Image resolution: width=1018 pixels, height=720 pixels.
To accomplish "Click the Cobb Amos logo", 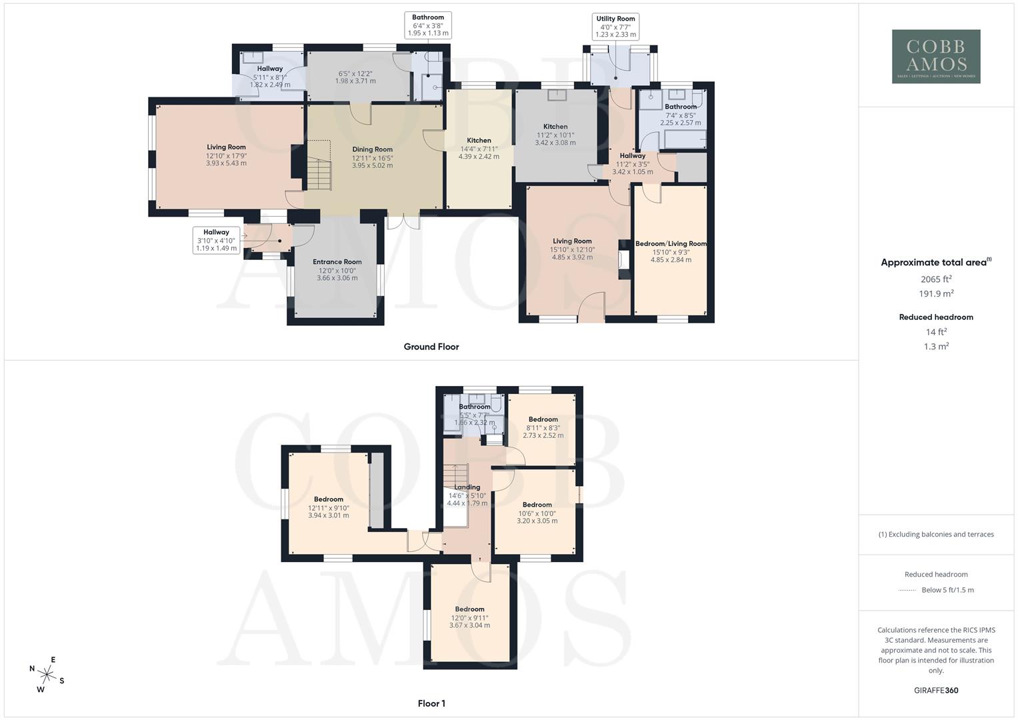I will coord(936,56).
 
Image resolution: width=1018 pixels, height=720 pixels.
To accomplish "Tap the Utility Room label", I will coord(615,19).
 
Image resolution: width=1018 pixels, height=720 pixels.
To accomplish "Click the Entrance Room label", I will coord(337,262).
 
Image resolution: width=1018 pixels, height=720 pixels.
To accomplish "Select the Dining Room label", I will coord(372,149).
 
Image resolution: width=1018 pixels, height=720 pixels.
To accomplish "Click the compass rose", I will coord(47,674).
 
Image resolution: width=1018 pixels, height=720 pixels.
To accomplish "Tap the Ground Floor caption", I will coord(431,347).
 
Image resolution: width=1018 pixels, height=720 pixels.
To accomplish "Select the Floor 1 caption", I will coord(431,703).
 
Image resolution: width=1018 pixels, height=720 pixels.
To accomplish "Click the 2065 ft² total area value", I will coord(936,279).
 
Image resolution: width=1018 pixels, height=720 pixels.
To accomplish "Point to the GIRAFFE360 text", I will coord(936,691).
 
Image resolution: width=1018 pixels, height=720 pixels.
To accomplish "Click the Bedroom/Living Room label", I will coord(671,244).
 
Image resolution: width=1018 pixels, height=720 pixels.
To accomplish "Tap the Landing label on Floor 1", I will coord(467,487).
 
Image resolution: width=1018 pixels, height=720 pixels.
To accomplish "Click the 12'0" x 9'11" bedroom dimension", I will coord(469,617).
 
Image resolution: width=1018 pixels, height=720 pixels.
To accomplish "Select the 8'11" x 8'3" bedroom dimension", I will coord(543,427).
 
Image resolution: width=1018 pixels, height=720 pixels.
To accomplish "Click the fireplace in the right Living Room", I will coord(623,259).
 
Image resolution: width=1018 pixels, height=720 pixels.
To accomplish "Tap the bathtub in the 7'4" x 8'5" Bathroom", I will coord(683,140).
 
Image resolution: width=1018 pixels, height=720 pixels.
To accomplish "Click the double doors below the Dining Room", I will coord(403,221).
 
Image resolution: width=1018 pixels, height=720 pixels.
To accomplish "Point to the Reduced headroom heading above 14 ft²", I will coord(936,317).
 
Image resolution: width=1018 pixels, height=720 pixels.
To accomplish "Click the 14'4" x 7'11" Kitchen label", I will coord(479,141).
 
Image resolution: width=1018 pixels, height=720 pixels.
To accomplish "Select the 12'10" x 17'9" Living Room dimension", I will coord(226,155).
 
